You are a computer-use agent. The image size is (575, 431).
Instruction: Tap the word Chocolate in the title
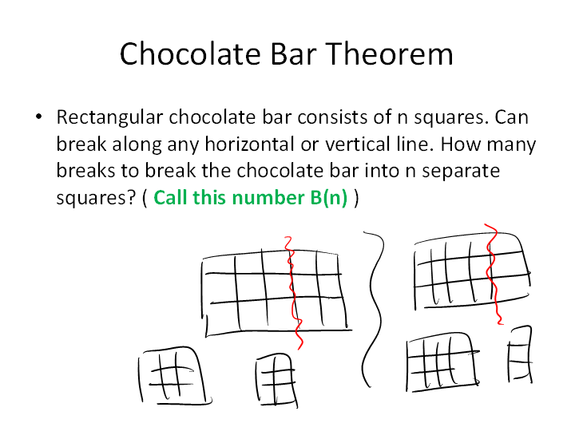click(190, 54)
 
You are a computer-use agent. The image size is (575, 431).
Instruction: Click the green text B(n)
click(328, 198)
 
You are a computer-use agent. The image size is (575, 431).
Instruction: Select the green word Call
click(171, 198)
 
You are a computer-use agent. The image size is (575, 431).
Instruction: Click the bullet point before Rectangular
click(39, 117)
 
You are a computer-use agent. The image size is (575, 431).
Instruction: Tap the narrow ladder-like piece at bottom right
click(520, 354)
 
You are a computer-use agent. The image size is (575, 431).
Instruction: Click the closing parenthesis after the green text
click(356, 198)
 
